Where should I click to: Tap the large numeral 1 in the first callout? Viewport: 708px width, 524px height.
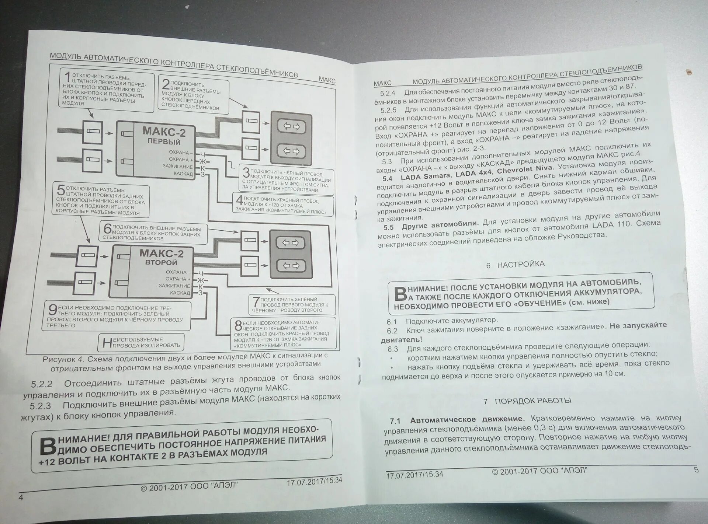pos(67,78)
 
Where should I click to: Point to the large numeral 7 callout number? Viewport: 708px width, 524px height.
pos(255,302)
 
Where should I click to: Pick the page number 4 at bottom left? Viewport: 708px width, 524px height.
pos(21,497)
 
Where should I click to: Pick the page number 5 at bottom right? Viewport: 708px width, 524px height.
pos(696,470)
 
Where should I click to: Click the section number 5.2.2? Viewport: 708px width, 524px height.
pos(42,384)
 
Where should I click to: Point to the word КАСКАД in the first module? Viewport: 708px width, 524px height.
pos(183,174)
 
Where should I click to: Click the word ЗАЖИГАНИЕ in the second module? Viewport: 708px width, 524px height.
pos(174,286)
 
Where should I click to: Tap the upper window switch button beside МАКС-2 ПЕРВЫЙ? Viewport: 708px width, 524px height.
pos(291,126)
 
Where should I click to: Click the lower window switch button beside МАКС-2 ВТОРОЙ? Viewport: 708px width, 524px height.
pos(291,265)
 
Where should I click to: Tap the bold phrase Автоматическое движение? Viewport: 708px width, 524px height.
pos(467,419)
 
